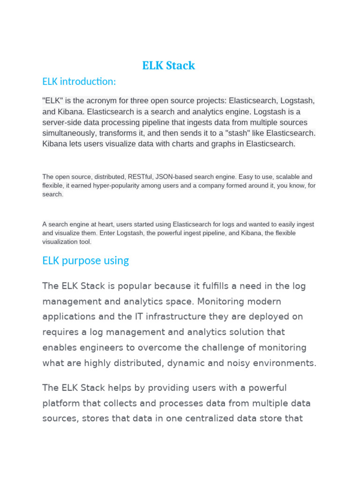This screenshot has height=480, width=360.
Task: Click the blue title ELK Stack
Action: coord(169,66)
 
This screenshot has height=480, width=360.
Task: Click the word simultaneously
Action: coord(69,133)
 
